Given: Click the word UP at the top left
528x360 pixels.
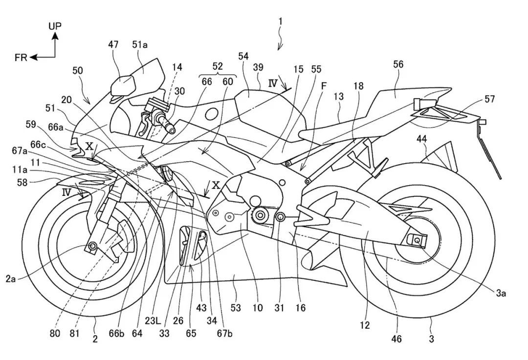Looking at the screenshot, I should tap(55, 26).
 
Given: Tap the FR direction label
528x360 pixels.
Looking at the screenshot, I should tap(21, 58).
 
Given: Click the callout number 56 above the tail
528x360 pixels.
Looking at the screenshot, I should tap(398, 64).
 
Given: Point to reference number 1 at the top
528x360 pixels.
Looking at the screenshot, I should tap(281, 22).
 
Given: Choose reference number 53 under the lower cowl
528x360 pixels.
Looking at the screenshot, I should tap(236, 308).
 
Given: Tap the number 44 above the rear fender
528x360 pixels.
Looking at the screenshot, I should tap(422, 139).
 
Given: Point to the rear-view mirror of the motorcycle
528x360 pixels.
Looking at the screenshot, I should tap(123, 86).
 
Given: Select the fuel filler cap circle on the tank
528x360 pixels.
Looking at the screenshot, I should tap(211, 115).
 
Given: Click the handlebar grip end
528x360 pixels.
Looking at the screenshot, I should tap(172, 129).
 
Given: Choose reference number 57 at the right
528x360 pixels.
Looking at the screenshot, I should tap(489, 100).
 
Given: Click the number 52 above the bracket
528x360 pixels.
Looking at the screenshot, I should tap(218, 66).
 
